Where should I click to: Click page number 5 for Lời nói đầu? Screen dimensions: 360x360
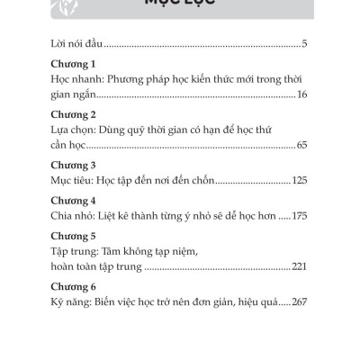(306, 42)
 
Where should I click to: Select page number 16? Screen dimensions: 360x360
(302, 94)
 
